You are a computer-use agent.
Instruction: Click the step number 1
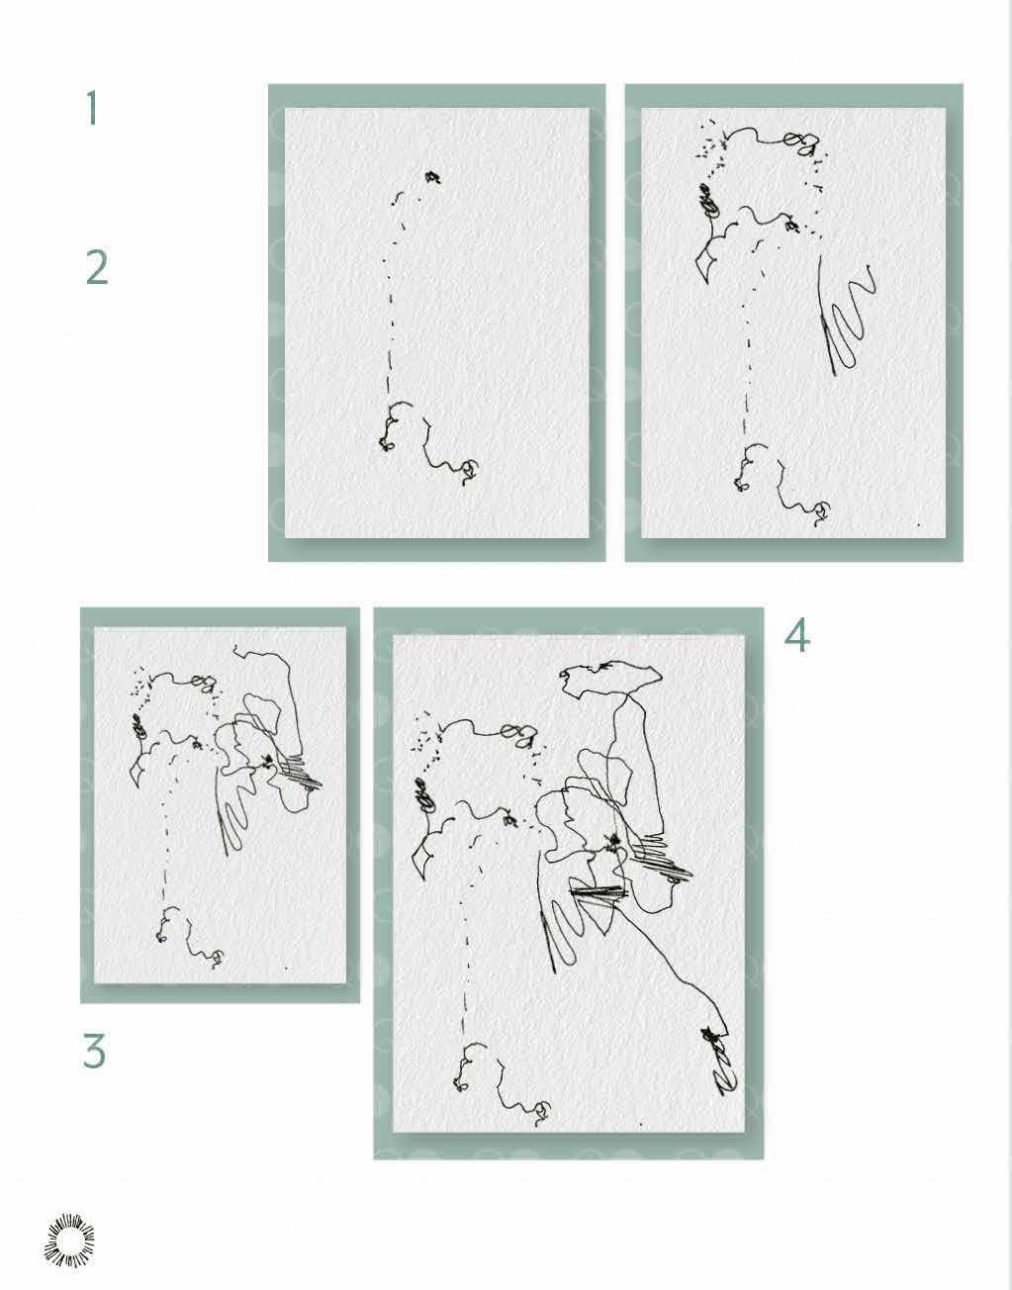point(91,108)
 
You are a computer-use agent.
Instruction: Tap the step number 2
point(97,267)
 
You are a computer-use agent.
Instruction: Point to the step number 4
point(796,635)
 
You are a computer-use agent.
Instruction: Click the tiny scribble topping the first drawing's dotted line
point(432,176)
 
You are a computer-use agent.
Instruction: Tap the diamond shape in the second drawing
point(706,265)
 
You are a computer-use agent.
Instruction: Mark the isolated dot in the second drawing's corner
point(919,524)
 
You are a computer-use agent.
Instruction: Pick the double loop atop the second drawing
point(798,141)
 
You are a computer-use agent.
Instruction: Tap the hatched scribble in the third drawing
point(301,770)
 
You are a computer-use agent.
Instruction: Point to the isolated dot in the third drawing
point(287,968)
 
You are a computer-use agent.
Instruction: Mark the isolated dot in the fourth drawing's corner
point(641,1123)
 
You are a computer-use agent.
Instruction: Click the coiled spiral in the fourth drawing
point(424,795)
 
